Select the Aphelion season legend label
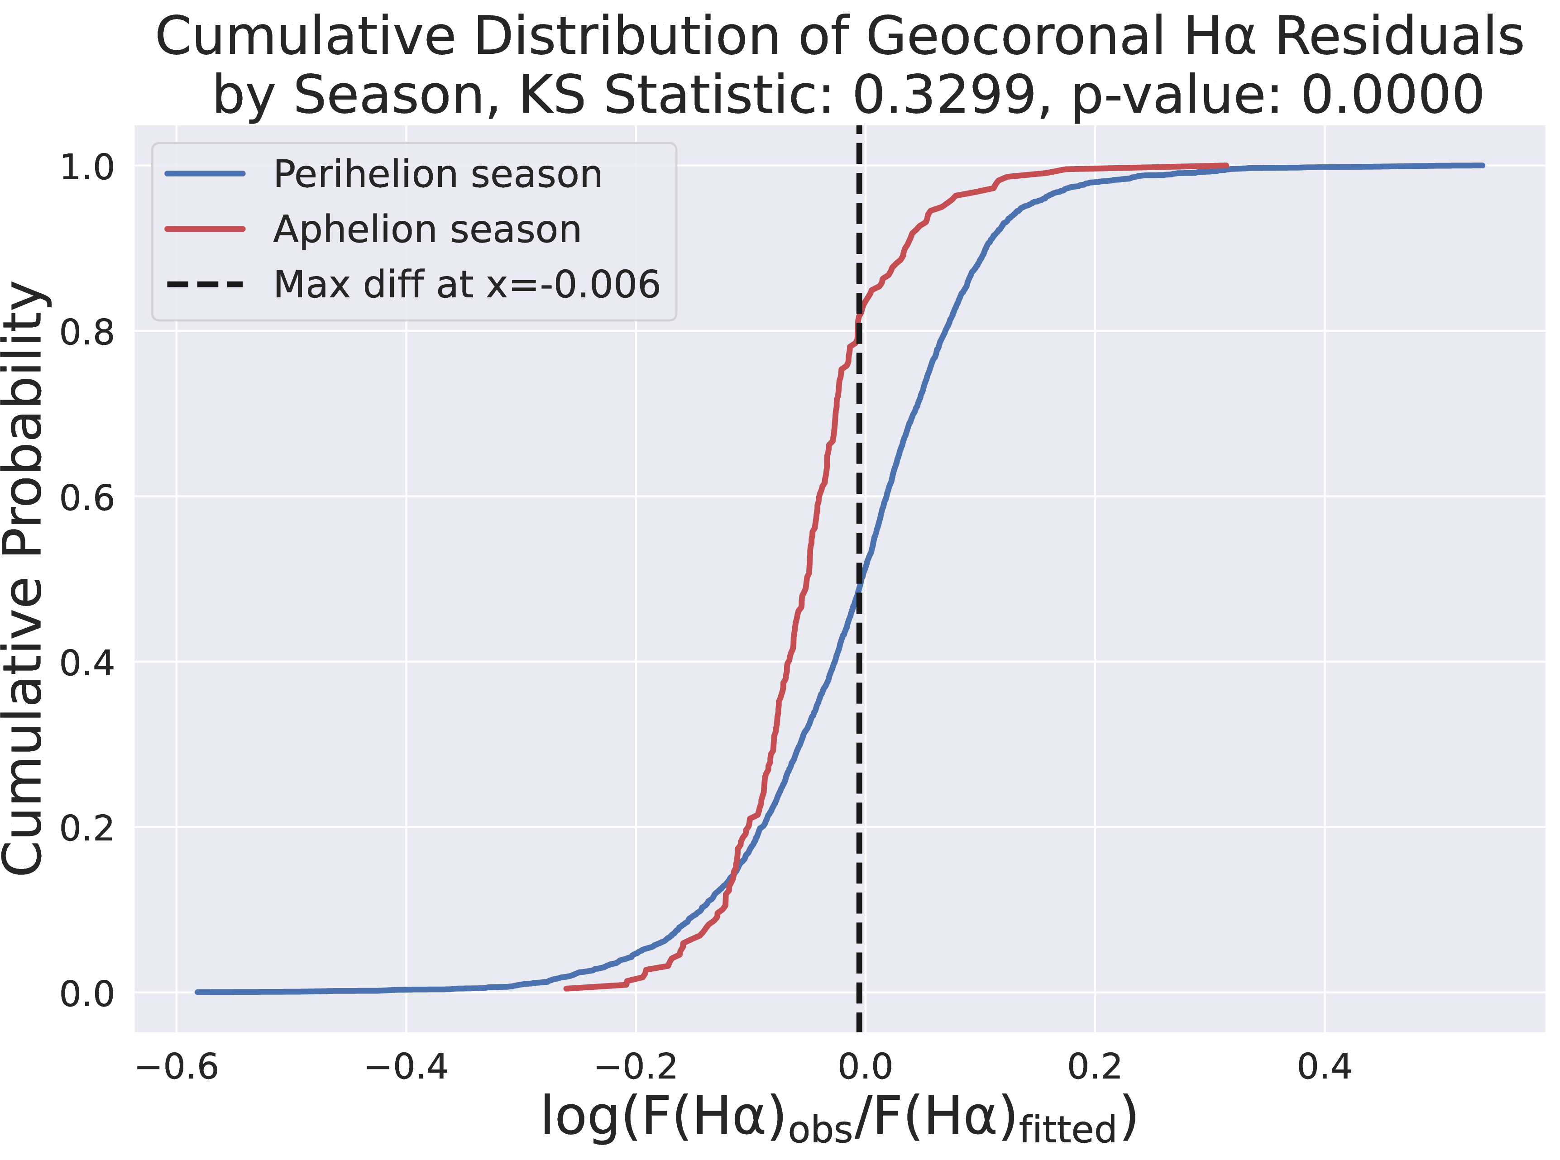(x=427, y=229)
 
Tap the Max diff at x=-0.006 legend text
(x=466, y=284)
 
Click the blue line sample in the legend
(x=205, y=173)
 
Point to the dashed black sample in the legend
(x=205, y=284)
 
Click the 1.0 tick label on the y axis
(x=86, y=167)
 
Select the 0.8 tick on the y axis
(x=86, y=332)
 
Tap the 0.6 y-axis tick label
(x=86, y=498)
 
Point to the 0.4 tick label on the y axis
(x=86, y=663)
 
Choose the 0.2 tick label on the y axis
(x=86, y=829)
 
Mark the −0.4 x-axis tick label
(x=406, y=1067)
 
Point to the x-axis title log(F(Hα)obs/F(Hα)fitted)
(x=839, y=1118)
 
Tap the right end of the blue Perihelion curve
(x=1482, y=166)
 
